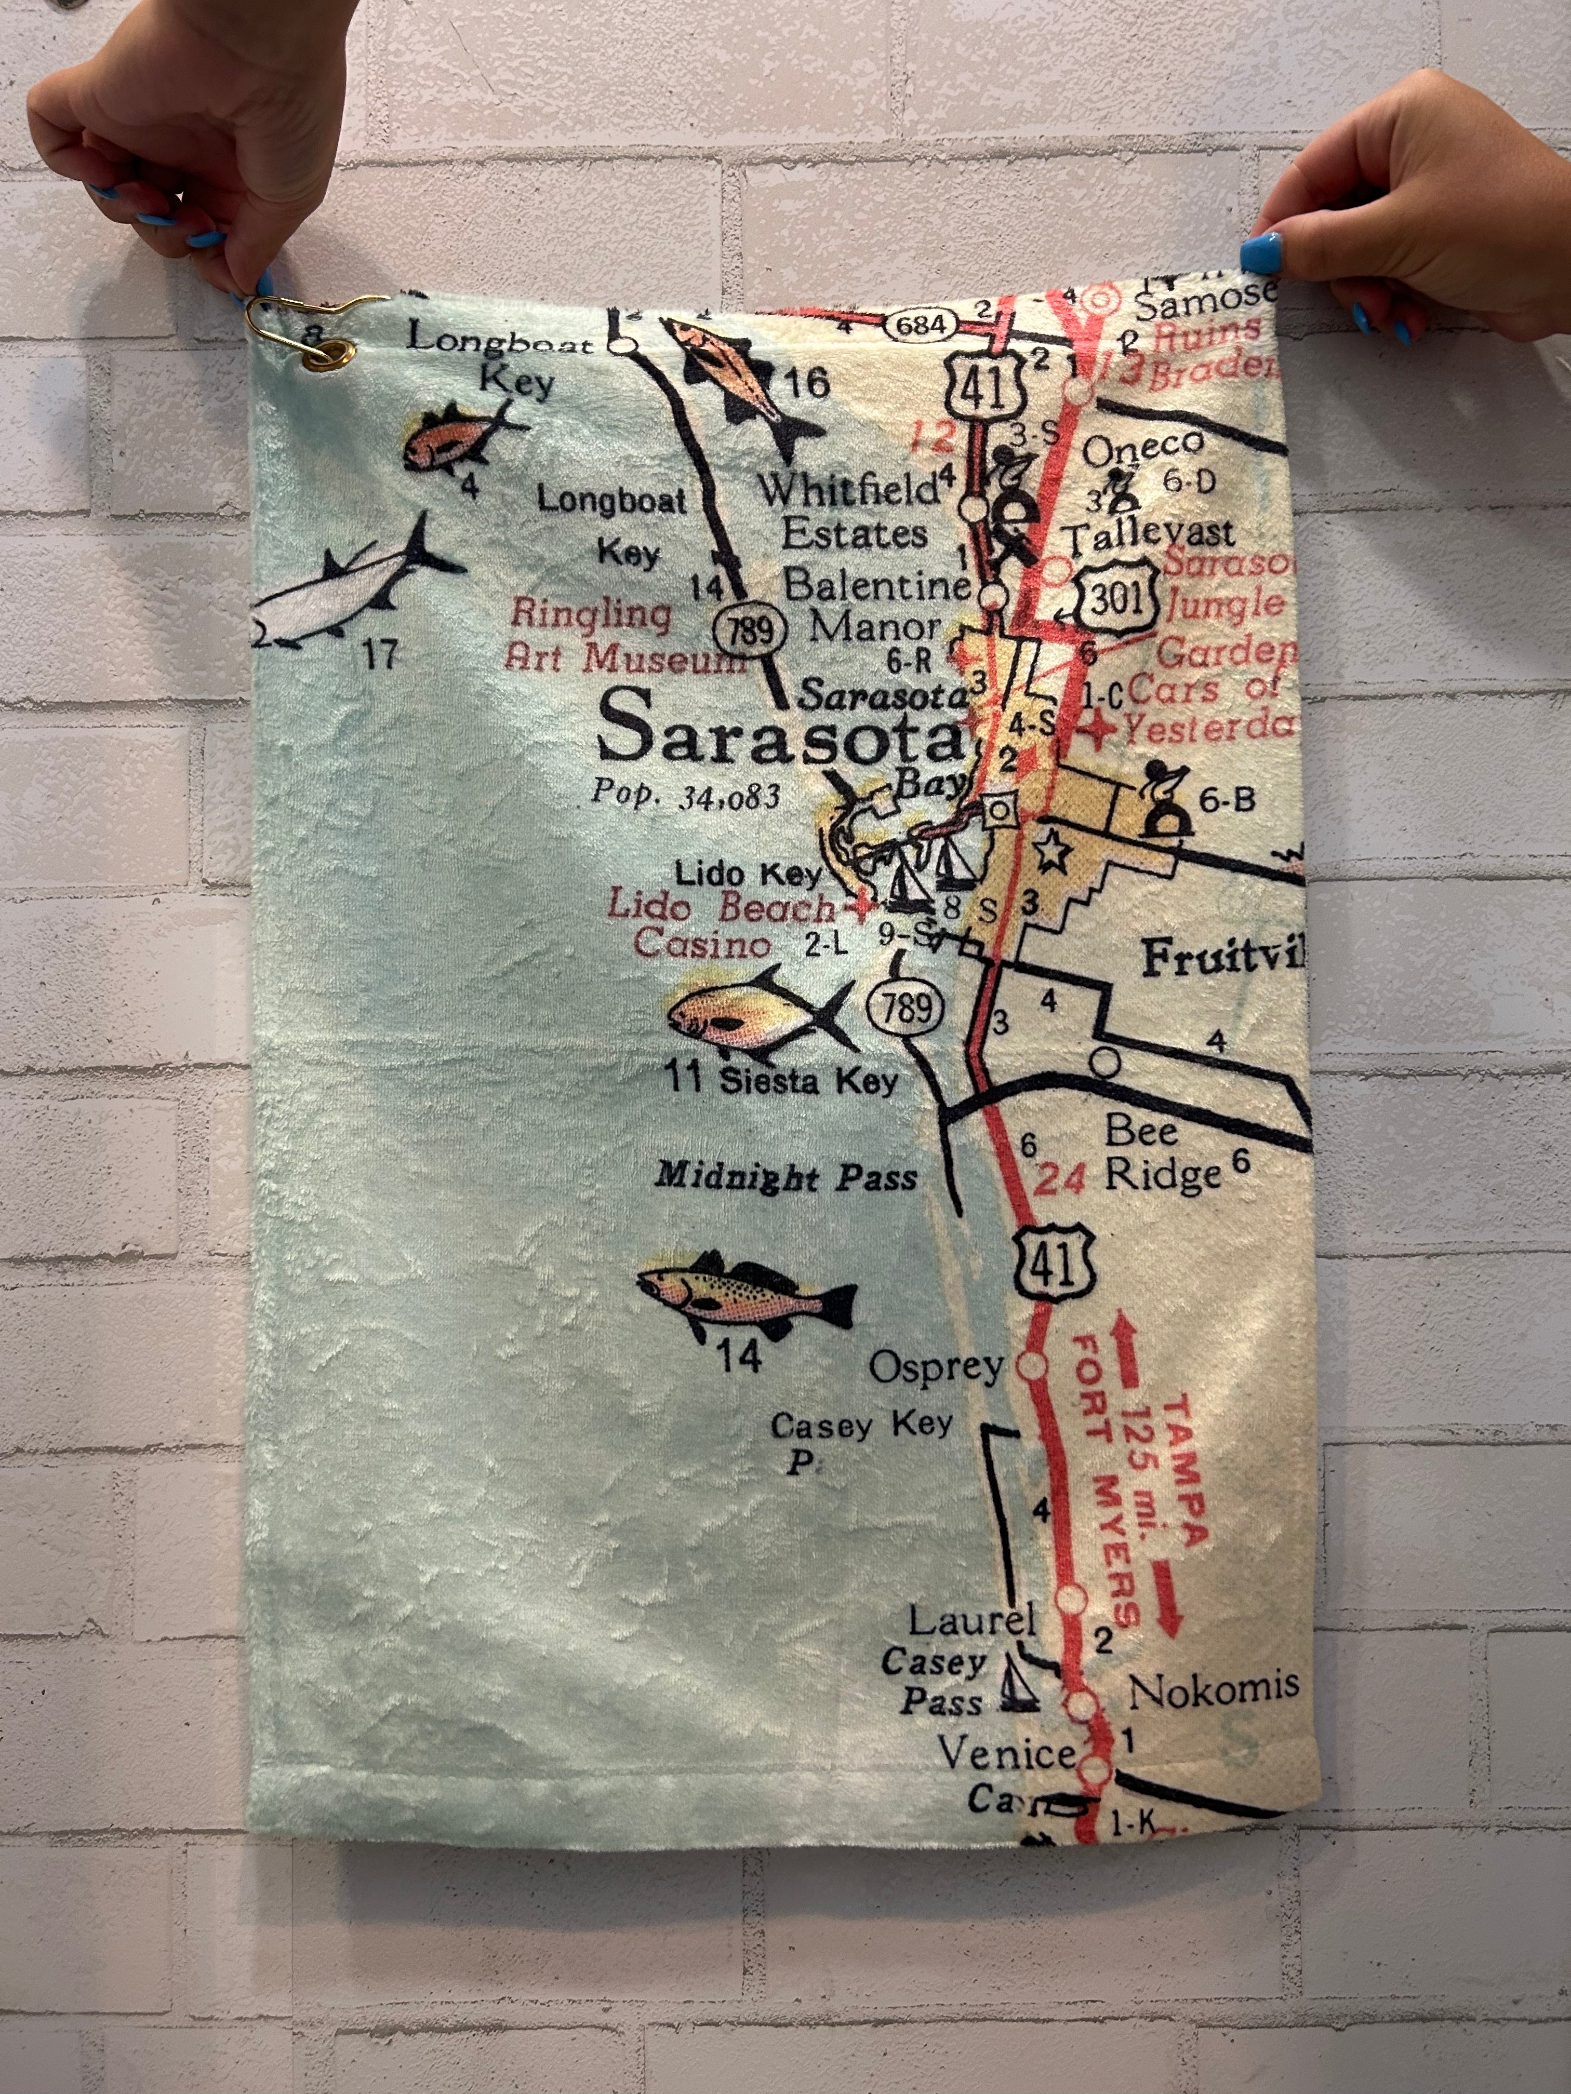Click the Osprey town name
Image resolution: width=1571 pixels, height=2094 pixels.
coord(936,1367)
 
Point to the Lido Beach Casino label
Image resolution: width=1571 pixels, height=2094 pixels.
coord(720,925)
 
